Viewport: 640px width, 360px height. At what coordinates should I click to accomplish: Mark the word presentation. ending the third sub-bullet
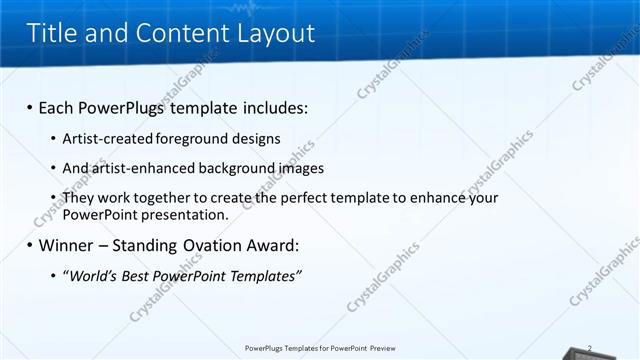186,214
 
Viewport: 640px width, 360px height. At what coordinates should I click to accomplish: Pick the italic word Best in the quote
140,275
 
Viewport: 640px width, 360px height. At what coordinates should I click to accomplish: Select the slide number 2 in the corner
591,348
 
